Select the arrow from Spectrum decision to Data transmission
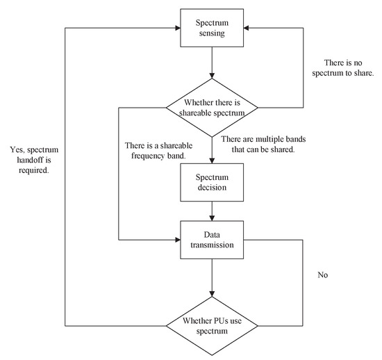(x=212, y=211)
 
